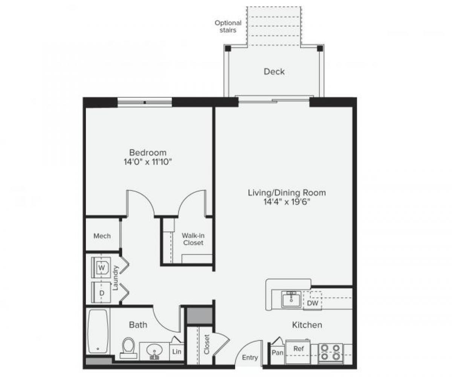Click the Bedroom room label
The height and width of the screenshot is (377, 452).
[x=148, y=153]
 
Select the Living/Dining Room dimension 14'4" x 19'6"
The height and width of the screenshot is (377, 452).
[x=287, y=202]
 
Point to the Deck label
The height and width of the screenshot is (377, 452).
[x=274, y=72]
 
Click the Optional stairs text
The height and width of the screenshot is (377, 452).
[x=228, y=26]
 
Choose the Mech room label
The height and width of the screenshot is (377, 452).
[x=102, y=236]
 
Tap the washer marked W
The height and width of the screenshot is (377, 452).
[x=101, y=267]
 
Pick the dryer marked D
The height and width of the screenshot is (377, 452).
[x=101, y=293]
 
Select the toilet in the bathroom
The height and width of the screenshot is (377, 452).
[x=129, y=347]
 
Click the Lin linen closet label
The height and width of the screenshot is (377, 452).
[x=177, y=352]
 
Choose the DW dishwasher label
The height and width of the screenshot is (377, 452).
[x=313, y=303]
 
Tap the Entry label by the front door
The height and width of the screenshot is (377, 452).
[x=250, y=358]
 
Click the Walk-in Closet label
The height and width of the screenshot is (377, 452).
[x=193, y=239]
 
